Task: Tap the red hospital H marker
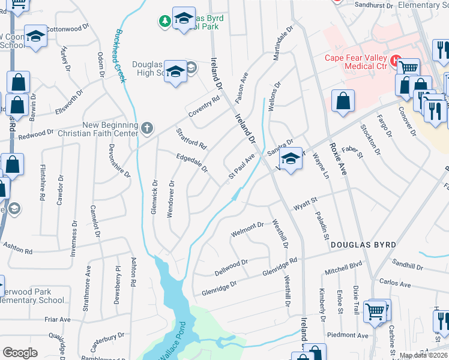click(x=396, y=60)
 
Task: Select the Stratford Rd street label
click(x=191, y=138)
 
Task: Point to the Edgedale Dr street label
click(x=191, y=163)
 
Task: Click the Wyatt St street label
click(x=304, y=207)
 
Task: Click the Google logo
click(x=20, y=353)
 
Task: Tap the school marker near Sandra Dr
click(x=291, y=159)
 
